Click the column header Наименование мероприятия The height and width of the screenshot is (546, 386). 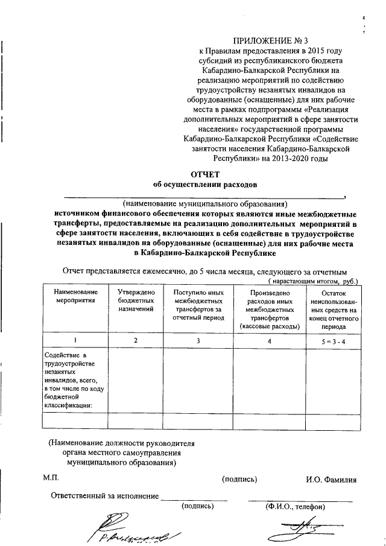tap(73, 296)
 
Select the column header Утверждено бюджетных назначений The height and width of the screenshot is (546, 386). tap(136, 300)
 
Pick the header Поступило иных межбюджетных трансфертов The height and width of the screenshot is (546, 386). tap(198, 304)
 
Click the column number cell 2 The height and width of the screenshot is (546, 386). tap(136, 341)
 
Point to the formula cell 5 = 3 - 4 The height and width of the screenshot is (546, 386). tap(334, 341)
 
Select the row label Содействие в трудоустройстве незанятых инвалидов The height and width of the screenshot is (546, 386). tap(69, 379)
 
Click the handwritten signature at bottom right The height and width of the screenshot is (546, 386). tap(294, 531)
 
